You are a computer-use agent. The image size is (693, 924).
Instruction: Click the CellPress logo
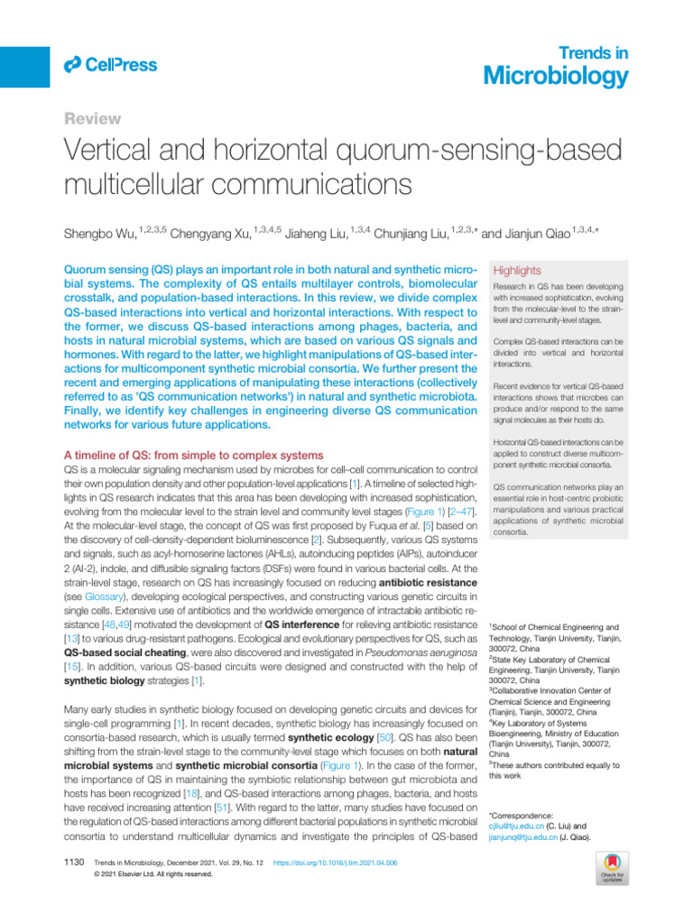coord(110,64)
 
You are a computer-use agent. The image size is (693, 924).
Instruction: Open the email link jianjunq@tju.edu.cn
coord(521,838)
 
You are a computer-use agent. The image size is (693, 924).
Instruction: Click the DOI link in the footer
coord(335,864)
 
